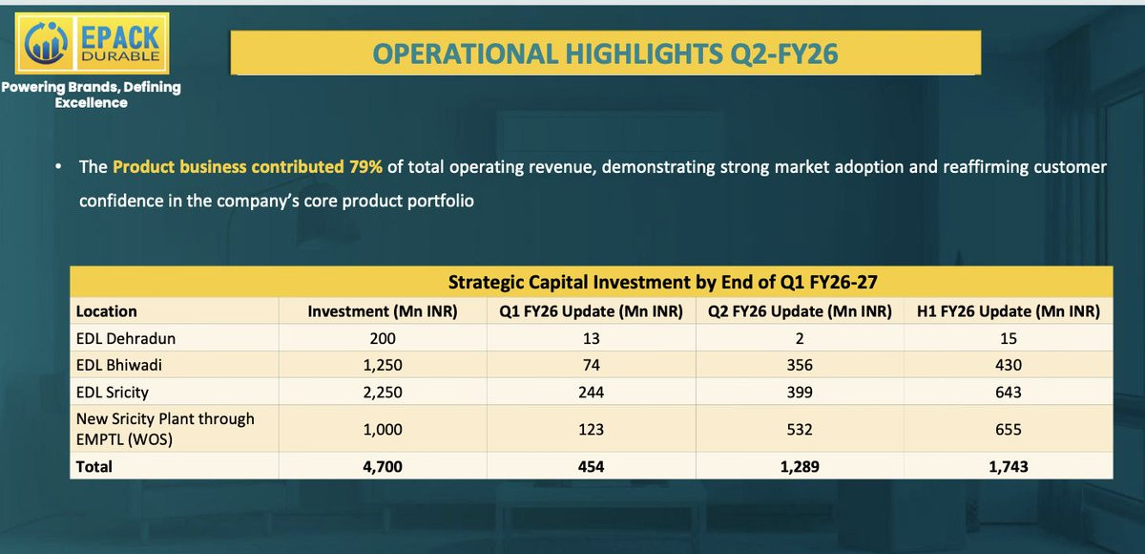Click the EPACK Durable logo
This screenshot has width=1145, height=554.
coord(92,44)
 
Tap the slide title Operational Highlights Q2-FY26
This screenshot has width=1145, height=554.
coord(605,53)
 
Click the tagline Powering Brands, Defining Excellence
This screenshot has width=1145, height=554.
coord(91,95)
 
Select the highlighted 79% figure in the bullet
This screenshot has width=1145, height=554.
coord(365,167)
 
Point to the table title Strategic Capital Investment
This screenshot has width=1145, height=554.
coord(662,282)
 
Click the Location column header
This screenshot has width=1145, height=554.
coord(106,311)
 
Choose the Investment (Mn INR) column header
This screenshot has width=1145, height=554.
coord(383,311)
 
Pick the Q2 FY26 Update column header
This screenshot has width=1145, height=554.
coord(800,311)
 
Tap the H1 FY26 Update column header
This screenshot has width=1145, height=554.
coord(1008,311)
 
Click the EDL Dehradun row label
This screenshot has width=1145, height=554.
coord(126,338)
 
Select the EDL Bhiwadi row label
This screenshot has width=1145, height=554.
coord(119,365)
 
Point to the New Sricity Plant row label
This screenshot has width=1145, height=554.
coord(165,429)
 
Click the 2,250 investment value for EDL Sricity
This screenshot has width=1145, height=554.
coord(383,392)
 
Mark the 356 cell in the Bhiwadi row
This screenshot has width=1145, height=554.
coord(800,365)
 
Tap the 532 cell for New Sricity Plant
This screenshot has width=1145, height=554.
coord(800,429)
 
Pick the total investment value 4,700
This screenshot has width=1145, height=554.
coord(383,466)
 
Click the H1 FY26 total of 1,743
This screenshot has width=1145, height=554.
coord(1008,466)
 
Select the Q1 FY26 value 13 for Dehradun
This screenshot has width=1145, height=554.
coord(591,338)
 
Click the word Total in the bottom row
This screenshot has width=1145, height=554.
coord(94,466)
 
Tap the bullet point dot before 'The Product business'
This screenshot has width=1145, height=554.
coord(59,167)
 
